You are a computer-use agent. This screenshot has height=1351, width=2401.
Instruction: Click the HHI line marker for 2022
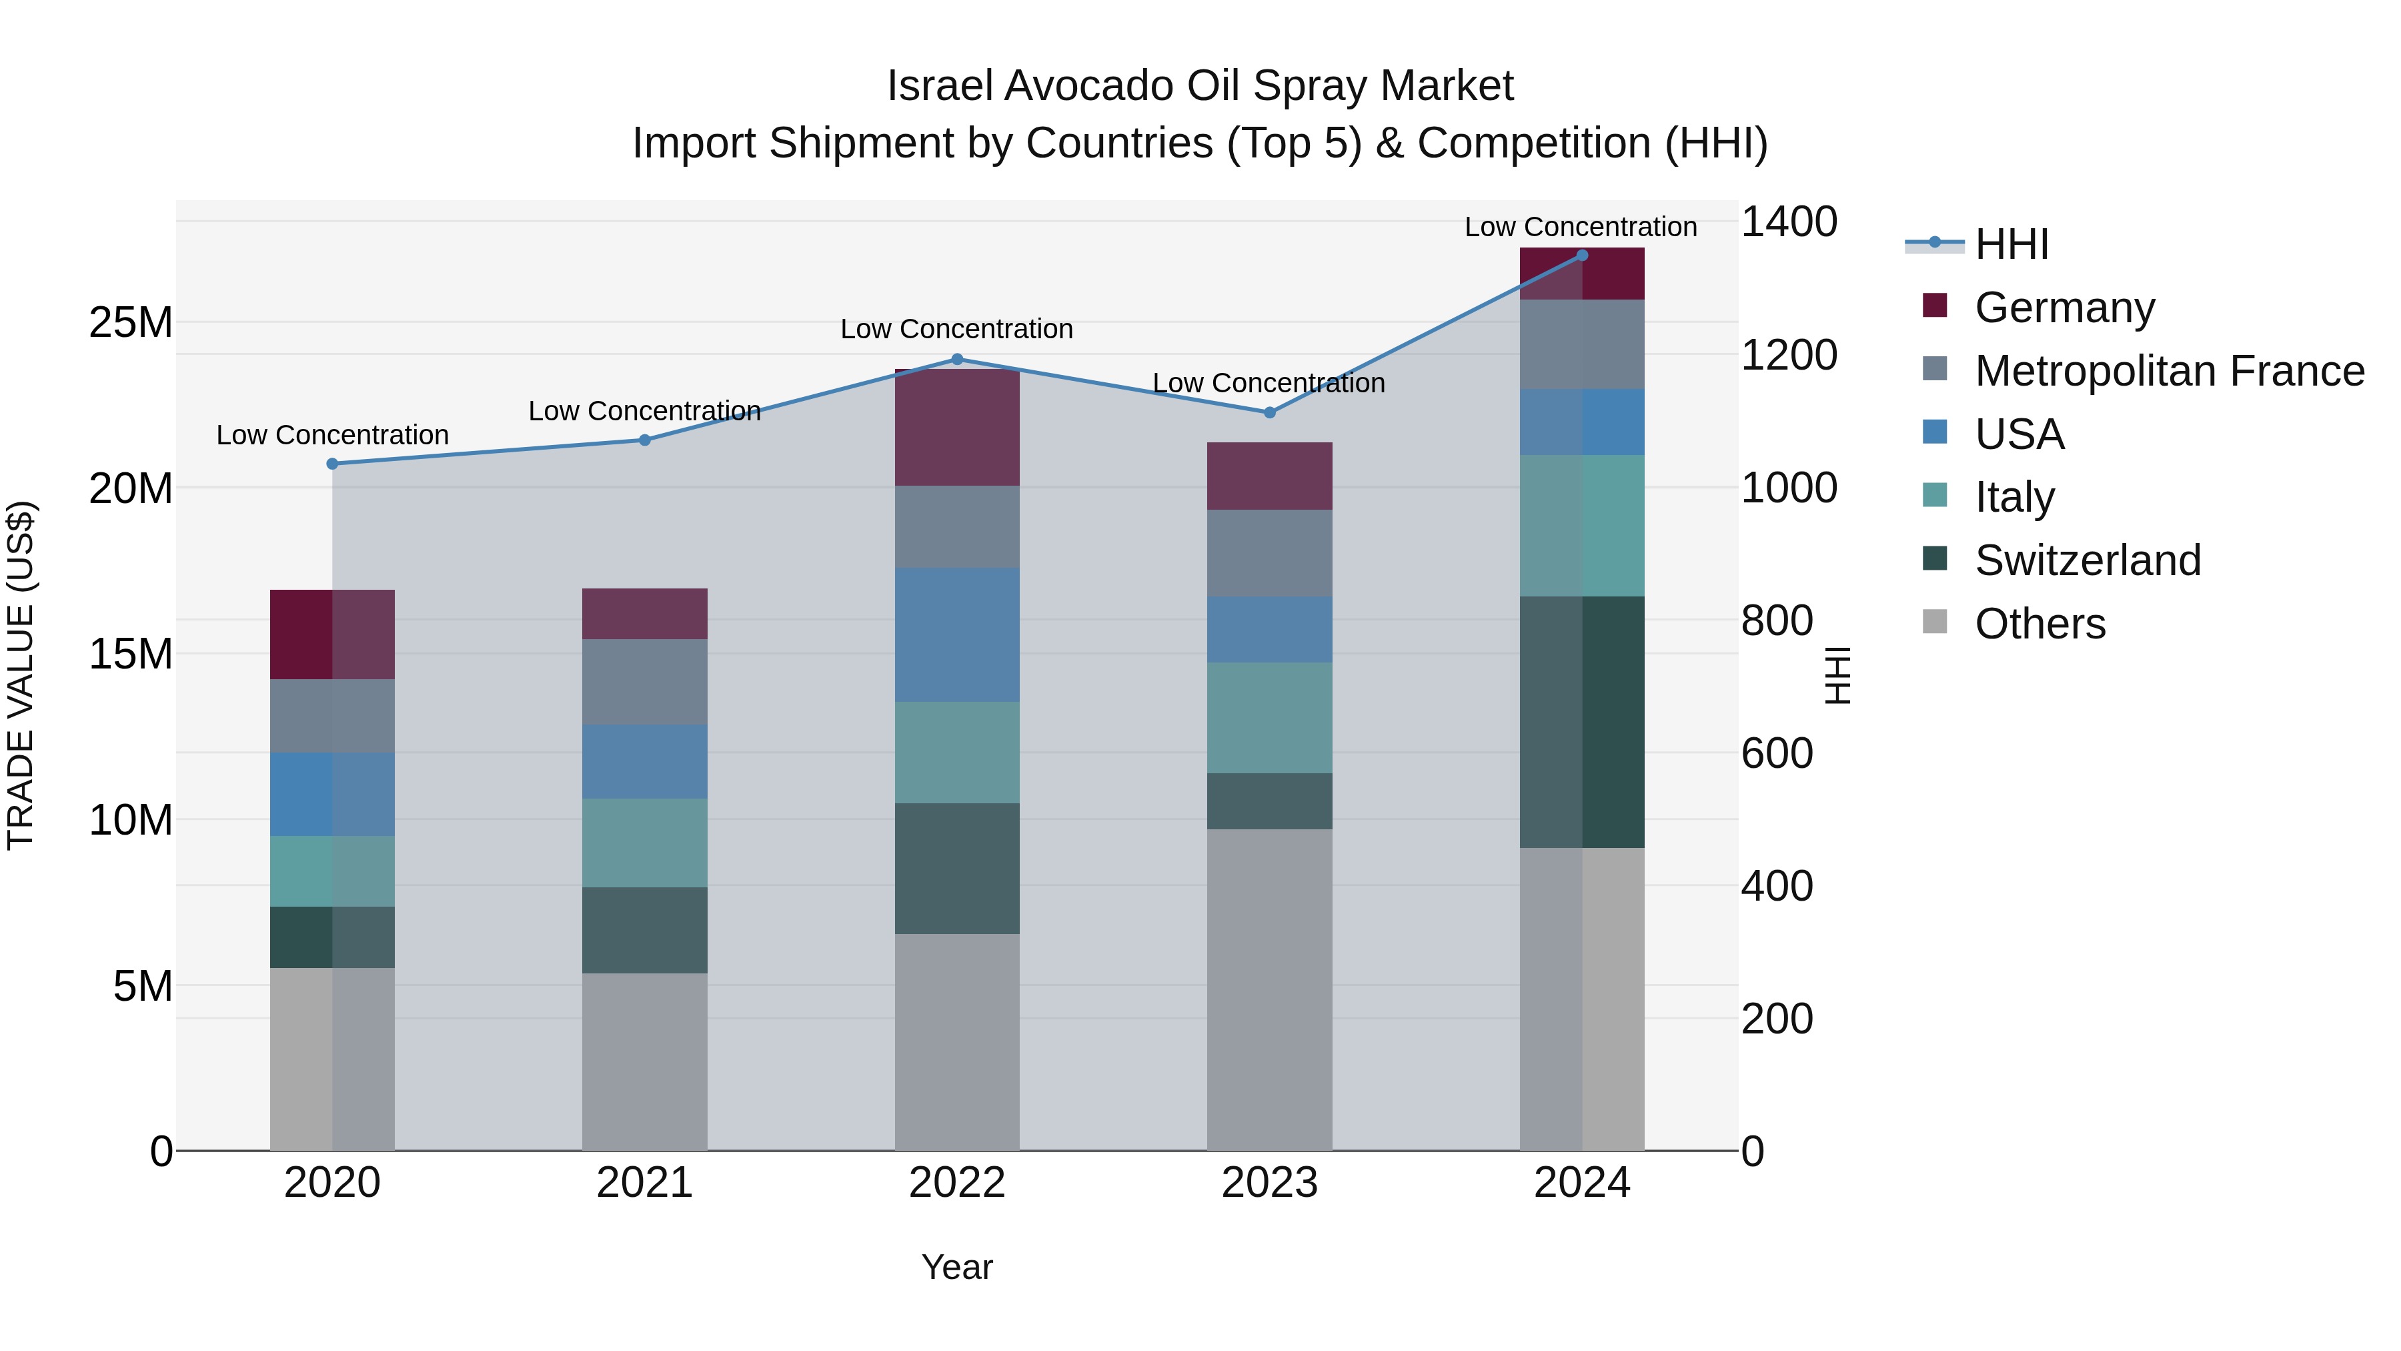click(956, 359)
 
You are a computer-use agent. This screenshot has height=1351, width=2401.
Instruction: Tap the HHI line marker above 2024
click(1582, 255)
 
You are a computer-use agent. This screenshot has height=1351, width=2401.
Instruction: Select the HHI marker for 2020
click(332, 464)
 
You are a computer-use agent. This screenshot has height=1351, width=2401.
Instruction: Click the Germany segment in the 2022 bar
click(956, 427)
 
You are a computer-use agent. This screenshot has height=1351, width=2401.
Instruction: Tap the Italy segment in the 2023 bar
click(1269, 717)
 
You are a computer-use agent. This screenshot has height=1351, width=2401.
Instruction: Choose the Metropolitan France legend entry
click(2169, 370)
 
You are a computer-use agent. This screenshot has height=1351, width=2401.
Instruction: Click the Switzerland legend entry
click(2087, 560)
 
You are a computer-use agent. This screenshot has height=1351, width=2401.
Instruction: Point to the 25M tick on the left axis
click(131, 323)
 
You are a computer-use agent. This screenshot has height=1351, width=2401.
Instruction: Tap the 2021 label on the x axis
click(644, 1183)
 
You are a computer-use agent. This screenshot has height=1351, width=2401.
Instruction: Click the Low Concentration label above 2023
click(1269, 383)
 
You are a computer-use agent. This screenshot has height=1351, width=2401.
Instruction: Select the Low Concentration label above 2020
click(332, 436)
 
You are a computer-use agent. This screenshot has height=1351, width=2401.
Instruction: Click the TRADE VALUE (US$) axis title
click(21, 675)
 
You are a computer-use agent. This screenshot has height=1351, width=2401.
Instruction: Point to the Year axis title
click(956, 1267)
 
